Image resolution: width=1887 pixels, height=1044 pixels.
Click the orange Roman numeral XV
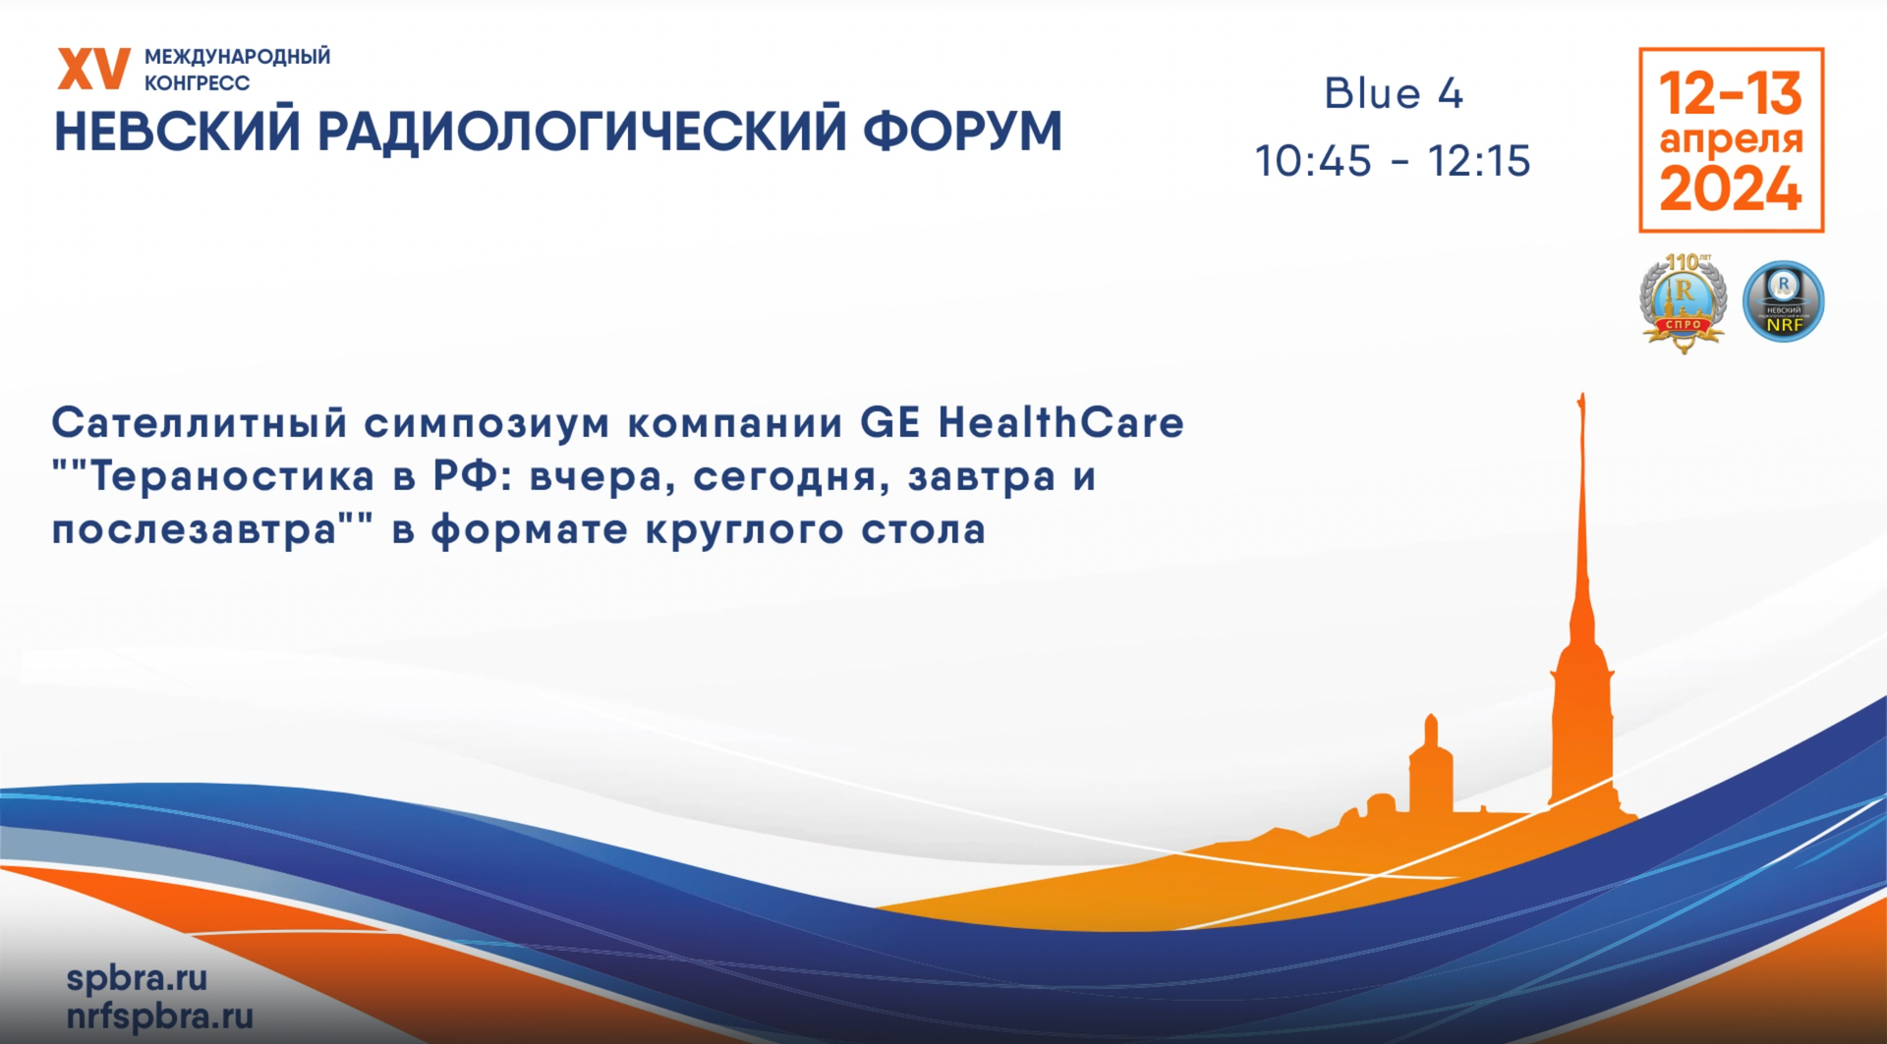tap(93, 69)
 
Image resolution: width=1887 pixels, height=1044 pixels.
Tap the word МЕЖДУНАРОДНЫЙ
tap(237, 57)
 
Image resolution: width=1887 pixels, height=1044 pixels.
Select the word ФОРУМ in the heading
tap(962, 132)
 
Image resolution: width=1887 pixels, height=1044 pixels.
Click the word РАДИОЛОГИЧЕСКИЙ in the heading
tap(581, 132)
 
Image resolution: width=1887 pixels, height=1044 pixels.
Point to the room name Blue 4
tap(1393, 94)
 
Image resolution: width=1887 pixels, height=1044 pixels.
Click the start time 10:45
tap(1313, 161)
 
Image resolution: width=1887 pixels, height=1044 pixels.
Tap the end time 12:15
tap(1479, 161)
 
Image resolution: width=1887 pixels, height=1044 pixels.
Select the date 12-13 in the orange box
tap(1731, 93)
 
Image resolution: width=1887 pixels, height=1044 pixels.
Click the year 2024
tap(1731, 189)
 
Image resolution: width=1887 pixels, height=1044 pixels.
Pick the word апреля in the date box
tap(1731, 140)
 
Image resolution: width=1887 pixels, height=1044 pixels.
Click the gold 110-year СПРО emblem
tap(1683, 302)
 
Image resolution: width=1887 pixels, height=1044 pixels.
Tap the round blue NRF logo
tap(1783, 301)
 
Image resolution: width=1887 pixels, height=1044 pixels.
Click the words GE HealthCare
tap(1022, 423)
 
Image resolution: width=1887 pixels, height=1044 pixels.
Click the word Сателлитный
tap(200, 423)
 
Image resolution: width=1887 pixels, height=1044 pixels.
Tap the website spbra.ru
tap(137, 977)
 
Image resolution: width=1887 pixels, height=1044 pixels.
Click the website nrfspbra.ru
tap(159, 1016)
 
